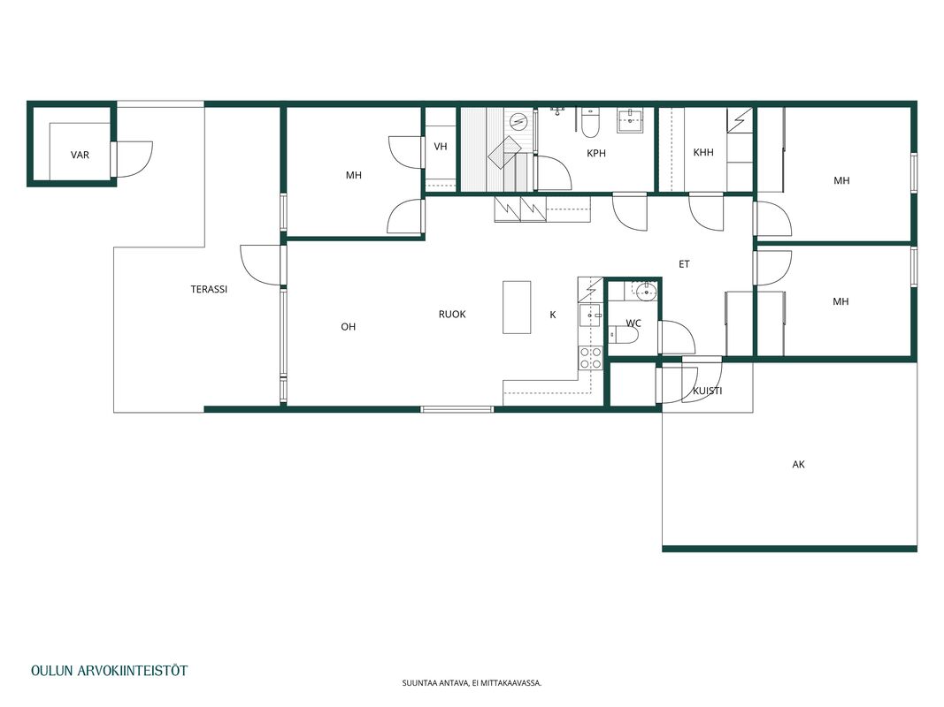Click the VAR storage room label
point(80,156)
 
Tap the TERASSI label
point(209,289)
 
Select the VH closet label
point(441,146)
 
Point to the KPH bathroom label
point(596,153)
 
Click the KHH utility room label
point(703,153)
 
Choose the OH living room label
point(348,327)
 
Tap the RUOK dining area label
point(452,315)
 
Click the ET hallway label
point(684,264)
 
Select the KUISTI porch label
point(708,391)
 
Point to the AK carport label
point(798,464)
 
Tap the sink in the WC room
point(646,293)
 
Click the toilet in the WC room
point(623,334)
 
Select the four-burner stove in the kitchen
point(591,358)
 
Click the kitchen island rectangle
point(518,308)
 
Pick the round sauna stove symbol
point(518,122)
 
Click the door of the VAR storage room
point(132,159)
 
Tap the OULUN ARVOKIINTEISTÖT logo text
point(109,671)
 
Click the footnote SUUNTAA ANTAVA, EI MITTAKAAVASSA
point(472,683)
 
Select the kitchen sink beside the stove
point(590,315)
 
